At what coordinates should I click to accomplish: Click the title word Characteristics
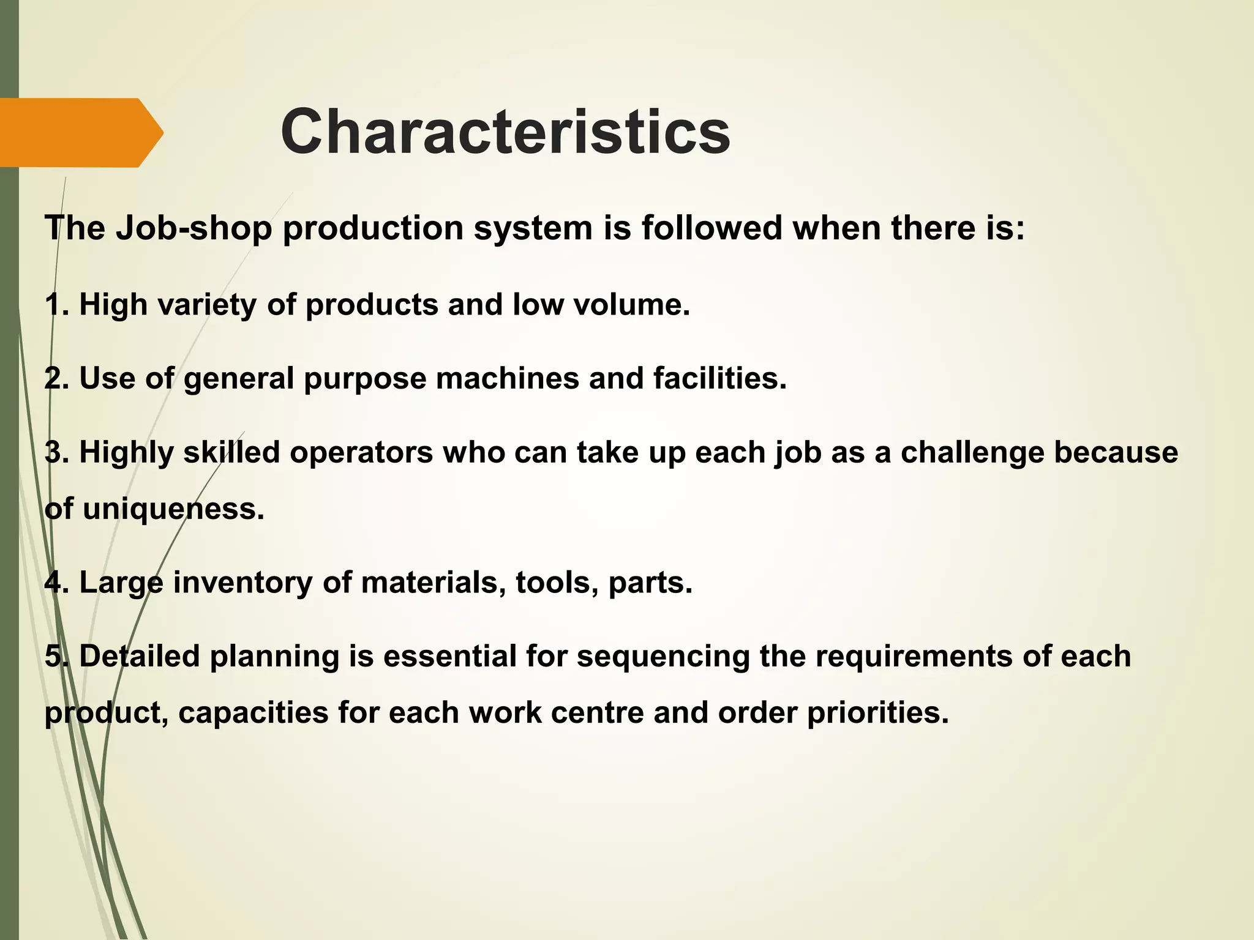(505, 132)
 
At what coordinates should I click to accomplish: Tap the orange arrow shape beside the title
(80, 133)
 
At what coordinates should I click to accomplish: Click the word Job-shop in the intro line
(193, 228)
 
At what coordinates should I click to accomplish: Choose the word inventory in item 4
(242, 583)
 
